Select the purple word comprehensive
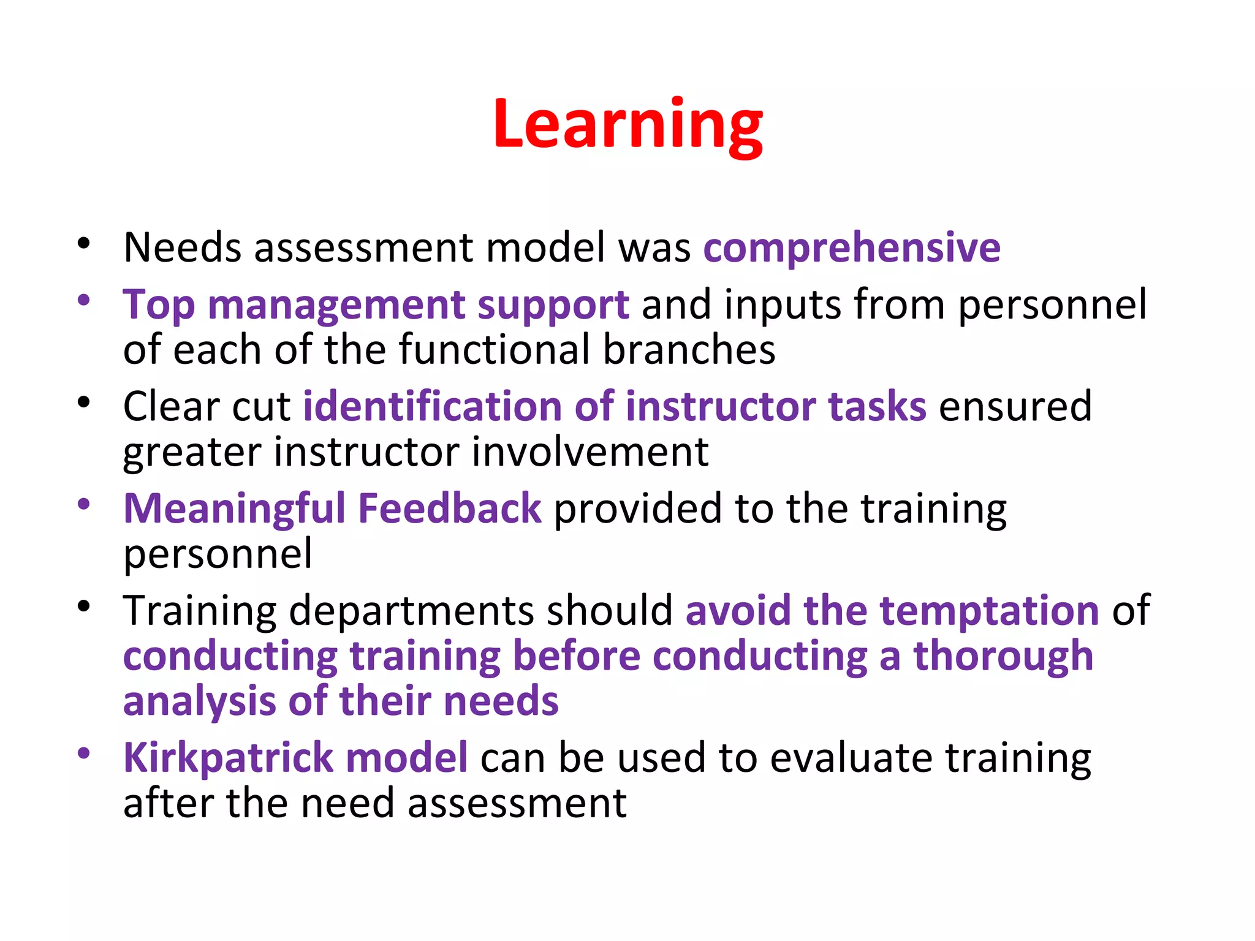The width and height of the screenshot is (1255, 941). [852, 248]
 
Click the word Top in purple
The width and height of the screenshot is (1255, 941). [158, 306]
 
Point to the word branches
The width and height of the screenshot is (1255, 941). [689, 350]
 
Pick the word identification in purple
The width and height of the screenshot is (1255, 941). [431, 407]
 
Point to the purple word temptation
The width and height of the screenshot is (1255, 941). [989, 611]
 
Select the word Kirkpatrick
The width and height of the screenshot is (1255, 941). [228, 758]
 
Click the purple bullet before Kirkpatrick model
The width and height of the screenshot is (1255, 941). [84, 753]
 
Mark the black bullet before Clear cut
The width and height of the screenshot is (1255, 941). [84, 402]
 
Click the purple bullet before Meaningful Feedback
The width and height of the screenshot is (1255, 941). [84, 504]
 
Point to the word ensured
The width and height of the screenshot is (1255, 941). [1015, 407]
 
